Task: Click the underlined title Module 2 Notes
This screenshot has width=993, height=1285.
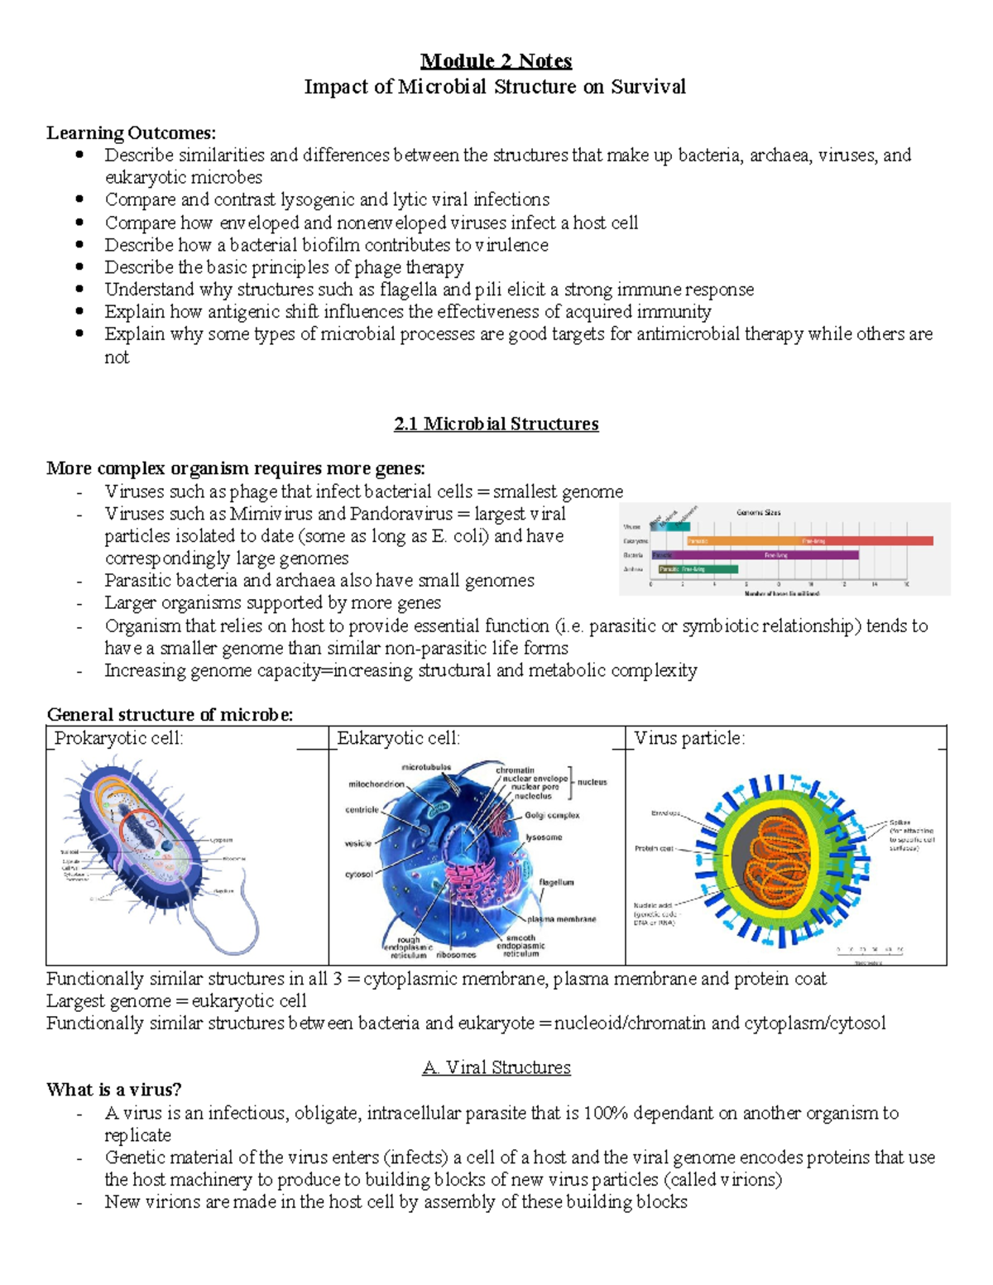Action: click(496, 61)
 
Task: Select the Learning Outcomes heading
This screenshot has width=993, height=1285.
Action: click(131, 132)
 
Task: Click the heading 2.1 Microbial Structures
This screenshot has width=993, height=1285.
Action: click(496, 424)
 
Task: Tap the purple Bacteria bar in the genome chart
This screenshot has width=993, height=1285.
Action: click(754, 555)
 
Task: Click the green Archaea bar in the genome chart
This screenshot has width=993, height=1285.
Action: click(698, 569)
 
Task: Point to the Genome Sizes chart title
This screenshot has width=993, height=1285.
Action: click(758, 512)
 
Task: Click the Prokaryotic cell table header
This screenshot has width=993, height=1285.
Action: click(119, 738)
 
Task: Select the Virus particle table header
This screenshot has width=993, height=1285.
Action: click(689, 738)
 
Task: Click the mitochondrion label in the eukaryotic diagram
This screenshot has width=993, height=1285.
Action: click(377, 784)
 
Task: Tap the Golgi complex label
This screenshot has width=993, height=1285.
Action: click(552, 815)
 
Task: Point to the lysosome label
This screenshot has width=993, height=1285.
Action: click(544, 837)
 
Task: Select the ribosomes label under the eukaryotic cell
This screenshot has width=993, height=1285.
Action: click(456, 955)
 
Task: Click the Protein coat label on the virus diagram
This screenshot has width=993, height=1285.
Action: click(654, 848)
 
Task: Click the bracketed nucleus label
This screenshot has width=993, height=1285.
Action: click(592, 782)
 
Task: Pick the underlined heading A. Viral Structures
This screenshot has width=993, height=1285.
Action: click(496, 1067)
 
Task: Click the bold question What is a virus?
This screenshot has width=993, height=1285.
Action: click(113, 1090)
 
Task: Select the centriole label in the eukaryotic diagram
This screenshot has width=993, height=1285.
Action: click(362, 809)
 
